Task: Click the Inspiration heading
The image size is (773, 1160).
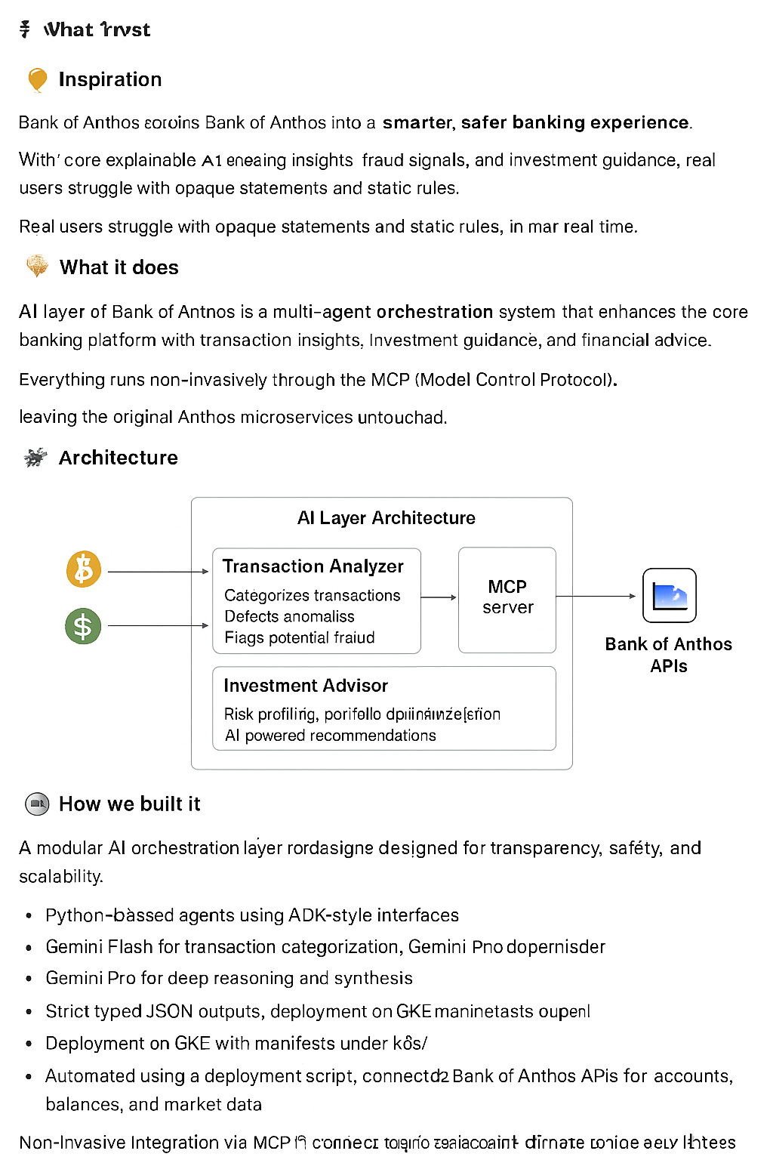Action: pos(110,79)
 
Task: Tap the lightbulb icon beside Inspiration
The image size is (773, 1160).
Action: pos(37,79)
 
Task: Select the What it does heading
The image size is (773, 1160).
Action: pos(119,267)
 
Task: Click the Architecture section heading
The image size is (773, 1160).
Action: pos(119,458)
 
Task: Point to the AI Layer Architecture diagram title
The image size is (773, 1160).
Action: pos(386,518)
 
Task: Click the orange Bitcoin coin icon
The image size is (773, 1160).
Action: pos(84,569)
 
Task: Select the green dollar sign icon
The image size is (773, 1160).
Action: pos(83,626)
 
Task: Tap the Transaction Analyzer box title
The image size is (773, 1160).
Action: pos(313,566)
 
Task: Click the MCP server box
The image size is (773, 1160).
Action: pos(507,597)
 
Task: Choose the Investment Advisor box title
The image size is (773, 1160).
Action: pos(306,686)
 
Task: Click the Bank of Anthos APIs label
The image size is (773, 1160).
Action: pos(668,655)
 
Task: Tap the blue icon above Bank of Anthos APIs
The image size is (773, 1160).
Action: pos(669,596)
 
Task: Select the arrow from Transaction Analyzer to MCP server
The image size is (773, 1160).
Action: pos(439,597)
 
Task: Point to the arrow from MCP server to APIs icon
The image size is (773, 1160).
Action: pos(596,597)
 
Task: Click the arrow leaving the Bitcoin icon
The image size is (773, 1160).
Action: pos(159,572)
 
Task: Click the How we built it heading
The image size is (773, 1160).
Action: pos(130,804)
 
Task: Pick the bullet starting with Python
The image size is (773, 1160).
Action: pos(252,915)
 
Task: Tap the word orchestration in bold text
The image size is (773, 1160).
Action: pos(434,312)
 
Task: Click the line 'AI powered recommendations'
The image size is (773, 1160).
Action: pos(331,736)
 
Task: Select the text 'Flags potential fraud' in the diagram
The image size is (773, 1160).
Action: pos(300,638)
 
